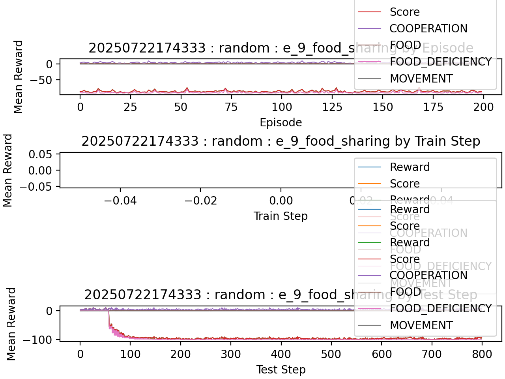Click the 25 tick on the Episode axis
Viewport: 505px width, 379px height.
click(x=130, y=107)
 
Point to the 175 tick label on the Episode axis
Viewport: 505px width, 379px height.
click(x=433, y=107)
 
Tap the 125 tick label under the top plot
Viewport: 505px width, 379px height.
click(x=332, y=107)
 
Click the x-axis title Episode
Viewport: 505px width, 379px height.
click(x=281, y=122)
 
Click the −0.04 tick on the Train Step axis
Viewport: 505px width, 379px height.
click(x=120, y=201)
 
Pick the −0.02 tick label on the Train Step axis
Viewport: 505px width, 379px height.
click(x=200, y=201)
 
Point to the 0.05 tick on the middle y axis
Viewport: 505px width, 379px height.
click(x=40, y=154)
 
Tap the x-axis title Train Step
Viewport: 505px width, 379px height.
click(x=281, y=216)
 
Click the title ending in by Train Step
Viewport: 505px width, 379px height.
click(x=281, y=141)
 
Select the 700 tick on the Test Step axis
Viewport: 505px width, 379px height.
click(x=432, y=354)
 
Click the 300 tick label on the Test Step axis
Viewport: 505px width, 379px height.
click(x=231, y=354)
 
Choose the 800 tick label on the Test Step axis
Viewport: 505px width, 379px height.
click(x=482, y=354)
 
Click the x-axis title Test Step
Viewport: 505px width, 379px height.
click(x=281, y=370)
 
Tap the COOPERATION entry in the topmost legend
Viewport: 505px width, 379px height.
click(x=428, y=28)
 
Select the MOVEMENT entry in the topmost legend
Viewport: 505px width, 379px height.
click(x=421, y=79)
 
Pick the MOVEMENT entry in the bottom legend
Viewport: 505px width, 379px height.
click(x=421, y=325)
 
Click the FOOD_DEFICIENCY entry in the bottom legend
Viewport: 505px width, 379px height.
click(x=440, y=308)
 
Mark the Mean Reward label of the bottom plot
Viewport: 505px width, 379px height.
click(x=11, y=324)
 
